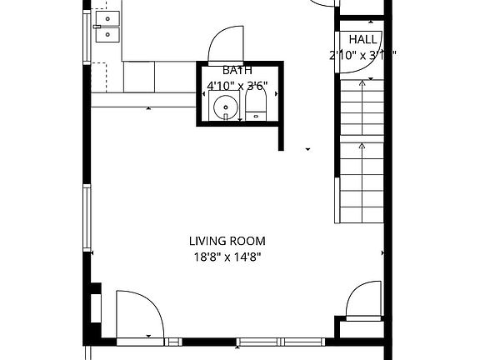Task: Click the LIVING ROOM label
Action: (225, 242)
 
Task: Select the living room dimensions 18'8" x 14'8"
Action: (225, 257)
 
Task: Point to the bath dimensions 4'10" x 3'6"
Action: (237, 85)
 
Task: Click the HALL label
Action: (362, 39)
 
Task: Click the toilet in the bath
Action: (255, 105)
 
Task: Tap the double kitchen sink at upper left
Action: (107, 27)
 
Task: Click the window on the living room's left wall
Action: (87, 219)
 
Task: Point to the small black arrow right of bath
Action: (308, 149)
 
